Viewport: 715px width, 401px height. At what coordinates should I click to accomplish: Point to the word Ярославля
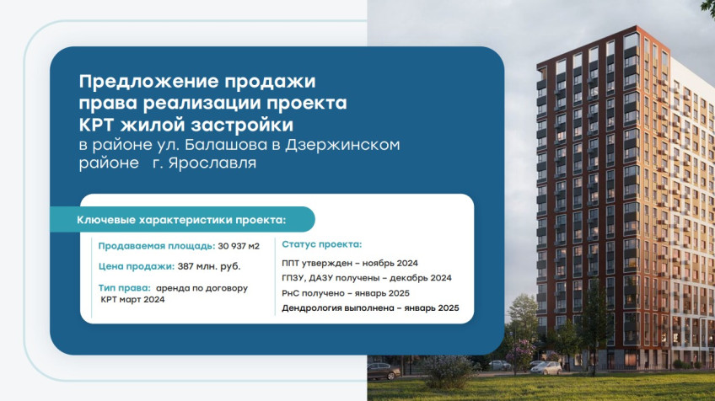coord(212,163)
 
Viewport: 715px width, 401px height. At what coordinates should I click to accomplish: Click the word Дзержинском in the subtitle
coord(342,145)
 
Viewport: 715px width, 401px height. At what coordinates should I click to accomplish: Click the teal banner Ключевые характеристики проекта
coord(182,220)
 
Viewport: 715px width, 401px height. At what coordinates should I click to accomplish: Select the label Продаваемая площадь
coord(157,246)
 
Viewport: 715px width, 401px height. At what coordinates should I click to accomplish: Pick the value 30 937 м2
coord(239,246)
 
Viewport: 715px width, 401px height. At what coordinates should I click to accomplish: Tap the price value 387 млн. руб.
coord(209,266)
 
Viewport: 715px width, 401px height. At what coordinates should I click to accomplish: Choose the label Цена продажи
coord(137,266)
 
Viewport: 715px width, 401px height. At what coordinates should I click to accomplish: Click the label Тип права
coord(124,288)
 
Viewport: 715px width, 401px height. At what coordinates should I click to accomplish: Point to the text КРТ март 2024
coord(132,299)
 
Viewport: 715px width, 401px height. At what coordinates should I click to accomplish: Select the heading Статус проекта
coord(321,244)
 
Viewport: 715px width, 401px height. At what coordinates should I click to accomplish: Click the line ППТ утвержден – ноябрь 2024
coord(350,263)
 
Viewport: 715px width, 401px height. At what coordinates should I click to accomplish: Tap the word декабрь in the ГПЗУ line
coord(409,278)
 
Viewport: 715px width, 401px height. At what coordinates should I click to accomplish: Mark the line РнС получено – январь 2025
coord(346,293)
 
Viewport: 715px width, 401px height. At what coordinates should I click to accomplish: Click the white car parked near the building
coord(546,368)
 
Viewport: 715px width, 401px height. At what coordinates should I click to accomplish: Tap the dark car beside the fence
coord(384,371)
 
